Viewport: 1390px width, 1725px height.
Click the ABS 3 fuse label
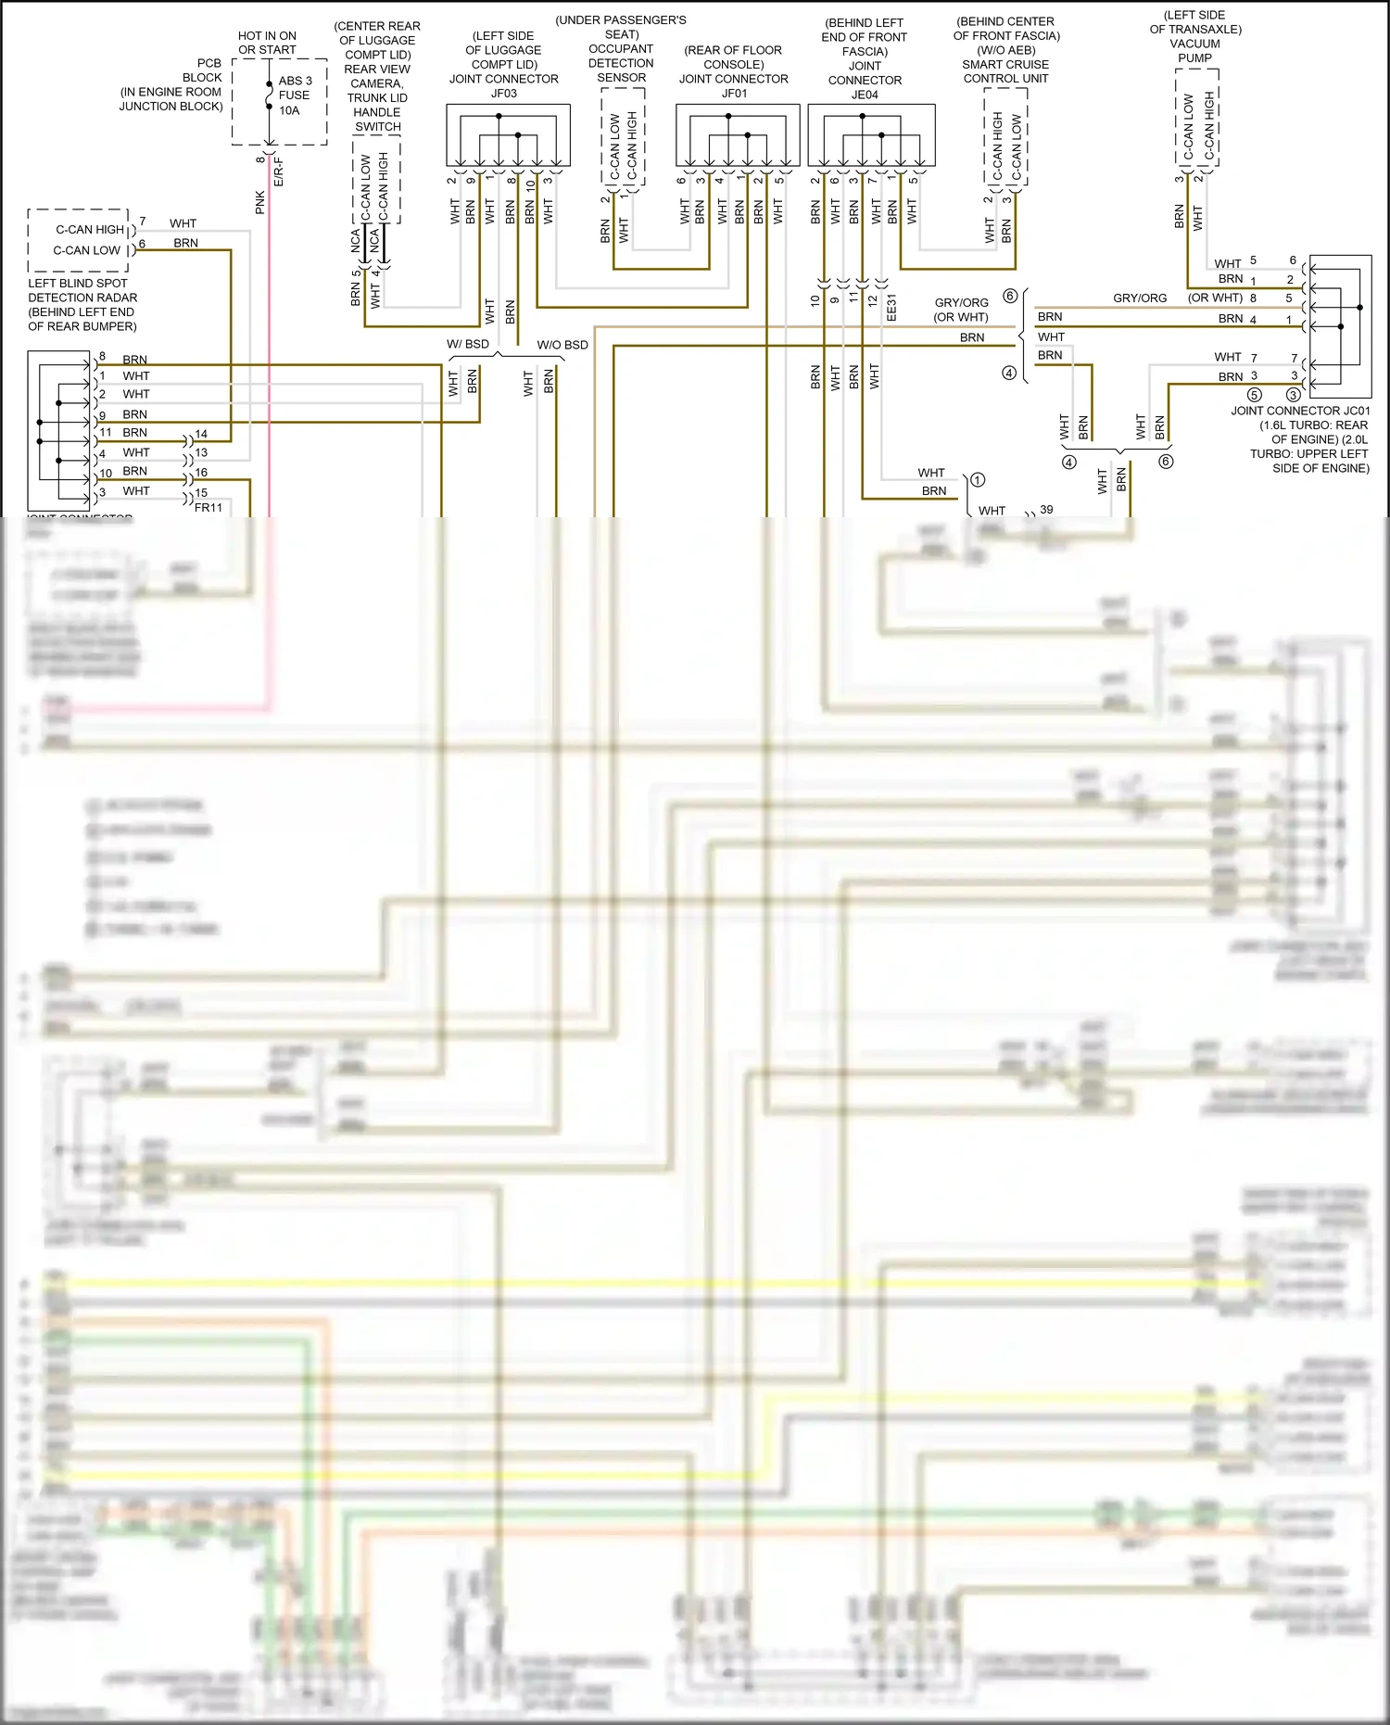295,81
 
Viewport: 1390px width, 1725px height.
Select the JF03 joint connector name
503,93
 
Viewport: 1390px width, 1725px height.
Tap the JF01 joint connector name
734,93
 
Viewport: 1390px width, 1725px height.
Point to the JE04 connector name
865,95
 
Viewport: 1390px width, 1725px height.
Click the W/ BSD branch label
468,344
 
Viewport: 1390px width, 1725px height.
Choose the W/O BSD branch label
562,345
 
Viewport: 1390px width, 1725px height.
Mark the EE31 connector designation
891,308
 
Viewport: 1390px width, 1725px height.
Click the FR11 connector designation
208,507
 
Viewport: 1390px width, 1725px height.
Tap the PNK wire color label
260,202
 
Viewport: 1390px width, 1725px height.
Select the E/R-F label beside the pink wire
279,171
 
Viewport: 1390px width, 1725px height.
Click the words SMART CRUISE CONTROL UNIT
1005,71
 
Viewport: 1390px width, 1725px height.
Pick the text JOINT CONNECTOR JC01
1299,411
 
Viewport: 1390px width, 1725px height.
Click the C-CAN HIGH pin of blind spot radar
90,230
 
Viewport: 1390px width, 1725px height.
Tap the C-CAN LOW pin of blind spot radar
87,250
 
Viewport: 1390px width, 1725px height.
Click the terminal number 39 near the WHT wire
1046,510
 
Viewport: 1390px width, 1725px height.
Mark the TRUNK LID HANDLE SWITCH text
377,112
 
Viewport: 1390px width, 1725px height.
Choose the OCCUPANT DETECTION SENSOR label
621,63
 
